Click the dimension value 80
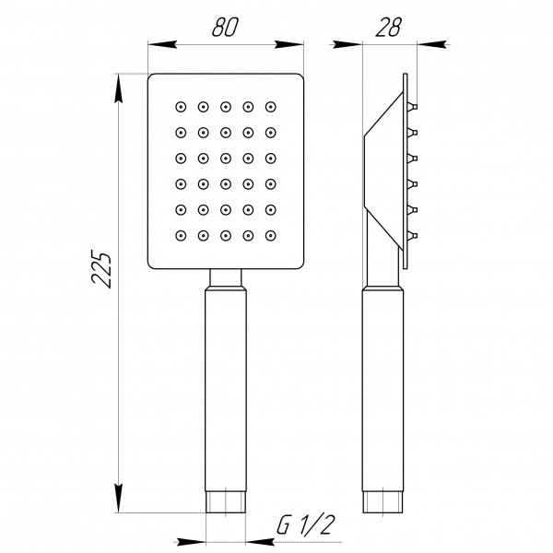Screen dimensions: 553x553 pos(225,27)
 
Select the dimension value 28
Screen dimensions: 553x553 pos(389,27)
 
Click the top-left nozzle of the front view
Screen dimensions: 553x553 pos(180,106)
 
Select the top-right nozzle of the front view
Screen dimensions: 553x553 pos(270,106)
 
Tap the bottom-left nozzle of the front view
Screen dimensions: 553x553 pos(180,236)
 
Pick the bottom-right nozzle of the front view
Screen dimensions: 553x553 pos(270,236)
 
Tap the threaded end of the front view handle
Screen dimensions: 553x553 pos(226,503)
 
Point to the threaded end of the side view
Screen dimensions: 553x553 pos(382,503)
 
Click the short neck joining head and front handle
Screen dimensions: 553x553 pos(226,277)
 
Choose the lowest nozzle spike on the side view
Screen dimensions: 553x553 pos(412,237)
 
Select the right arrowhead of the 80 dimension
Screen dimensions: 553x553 pos(294,42)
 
